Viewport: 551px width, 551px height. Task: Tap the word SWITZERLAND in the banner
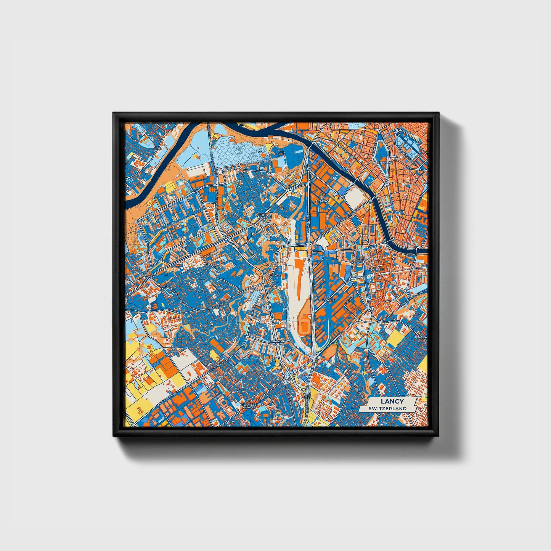point(387,408)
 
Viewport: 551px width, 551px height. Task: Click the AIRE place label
point(157,149)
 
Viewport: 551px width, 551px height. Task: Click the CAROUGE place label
point(375,269)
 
